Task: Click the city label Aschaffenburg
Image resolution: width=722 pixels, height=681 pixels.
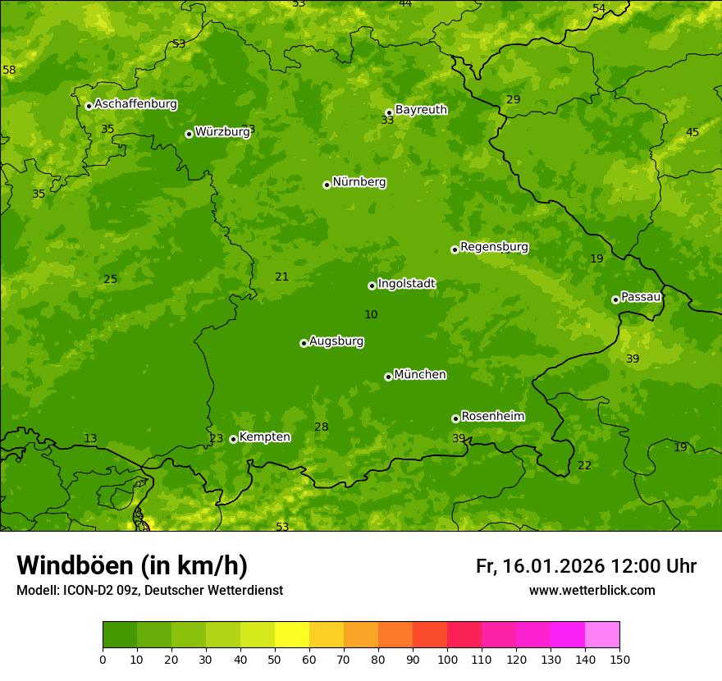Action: (135, 104)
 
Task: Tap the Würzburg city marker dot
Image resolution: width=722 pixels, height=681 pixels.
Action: (189, 134)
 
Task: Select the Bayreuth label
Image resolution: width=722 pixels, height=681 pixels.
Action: (421, 109)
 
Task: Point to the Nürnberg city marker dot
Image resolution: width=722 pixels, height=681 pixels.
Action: (327, 185)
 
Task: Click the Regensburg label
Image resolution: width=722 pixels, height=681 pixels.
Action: (494, 246)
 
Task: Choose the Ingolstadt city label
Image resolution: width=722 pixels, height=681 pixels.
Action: (406, 283)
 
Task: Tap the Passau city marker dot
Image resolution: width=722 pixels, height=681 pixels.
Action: (615, 299)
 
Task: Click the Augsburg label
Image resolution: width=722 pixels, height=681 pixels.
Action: (336, 340)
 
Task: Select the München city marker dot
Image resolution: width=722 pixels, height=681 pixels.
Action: (388, 377)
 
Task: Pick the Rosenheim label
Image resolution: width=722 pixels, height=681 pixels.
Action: (492, 416)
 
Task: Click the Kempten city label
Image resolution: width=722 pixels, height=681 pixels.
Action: (264, 436)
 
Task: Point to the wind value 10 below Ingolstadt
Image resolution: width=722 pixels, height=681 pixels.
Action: (371, 314)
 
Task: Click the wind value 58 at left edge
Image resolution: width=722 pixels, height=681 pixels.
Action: (9, 71)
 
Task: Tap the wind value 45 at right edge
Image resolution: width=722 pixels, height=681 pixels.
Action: (692, 133)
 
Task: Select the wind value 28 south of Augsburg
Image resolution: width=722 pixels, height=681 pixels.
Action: (321, 427)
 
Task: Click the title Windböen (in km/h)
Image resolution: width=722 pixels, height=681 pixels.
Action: (132, 565)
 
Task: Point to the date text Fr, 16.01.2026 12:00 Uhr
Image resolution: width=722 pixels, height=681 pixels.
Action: (586, 566)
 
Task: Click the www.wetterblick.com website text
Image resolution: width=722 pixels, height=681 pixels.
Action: (592, 591)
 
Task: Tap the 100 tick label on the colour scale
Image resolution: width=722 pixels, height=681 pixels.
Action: (447, 659)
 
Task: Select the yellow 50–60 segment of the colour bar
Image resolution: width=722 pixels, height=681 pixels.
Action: (292, 635)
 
